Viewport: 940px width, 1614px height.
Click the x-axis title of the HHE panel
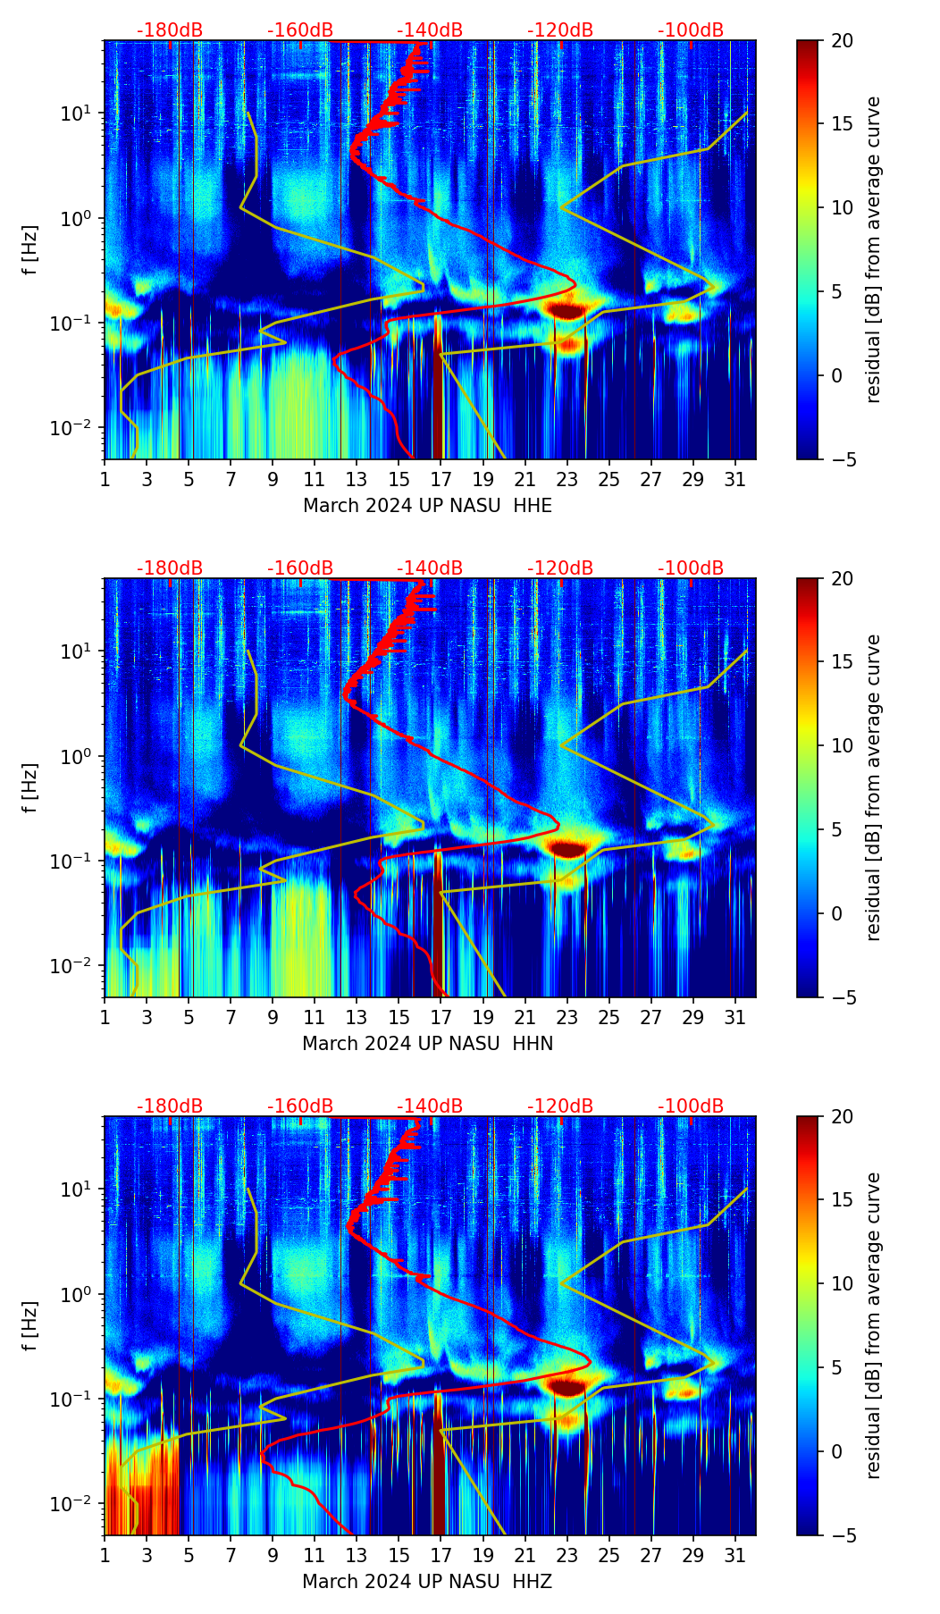(427, 506)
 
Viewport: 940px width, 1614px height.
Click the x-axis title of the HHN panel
(427, 1044)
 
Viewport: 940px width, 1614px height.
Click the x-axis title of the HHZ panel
(427, 1582)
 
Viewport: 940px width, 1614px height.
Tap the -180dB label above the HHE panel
(170, 30)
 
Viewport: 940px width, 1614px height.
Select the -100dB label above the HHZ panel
(691, 1106)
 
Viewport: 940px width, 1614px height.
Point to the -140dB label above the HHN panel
(430, 568)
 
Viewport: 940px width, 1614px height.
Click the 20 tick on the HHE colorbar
(842, 40)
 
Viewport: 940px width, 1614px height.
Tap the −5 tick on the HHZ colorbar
(842, 1535)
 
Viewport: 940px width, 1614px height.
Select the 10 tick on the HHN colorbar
(842, 745)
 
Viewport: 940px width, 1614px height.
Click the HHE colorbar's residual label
(873, 250)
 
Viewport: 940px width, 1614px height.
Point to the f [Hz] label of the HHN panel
(30, 787)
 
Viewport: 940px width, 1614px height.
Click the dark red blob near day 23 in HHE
(567, 310)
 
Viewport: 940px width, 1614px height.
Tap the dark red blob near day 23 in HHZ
(567, 1387)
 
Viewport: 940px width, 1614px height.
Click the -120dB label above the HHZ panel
(560, 1106)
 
